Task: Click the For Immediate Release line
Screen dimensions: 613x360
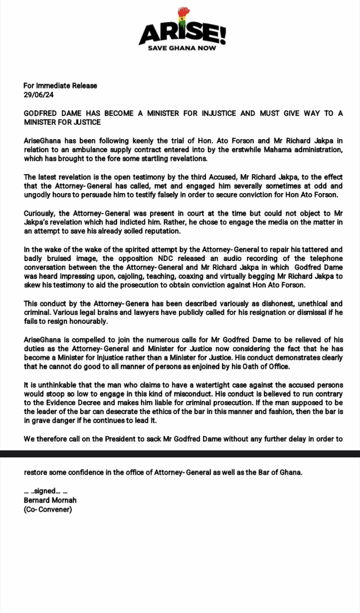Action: coord(60,85)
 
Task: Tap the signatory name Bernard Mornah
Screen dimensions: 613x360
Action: coord(50,500)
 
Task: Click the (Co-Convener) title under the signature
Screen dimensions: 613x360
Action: coord(47,509)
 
